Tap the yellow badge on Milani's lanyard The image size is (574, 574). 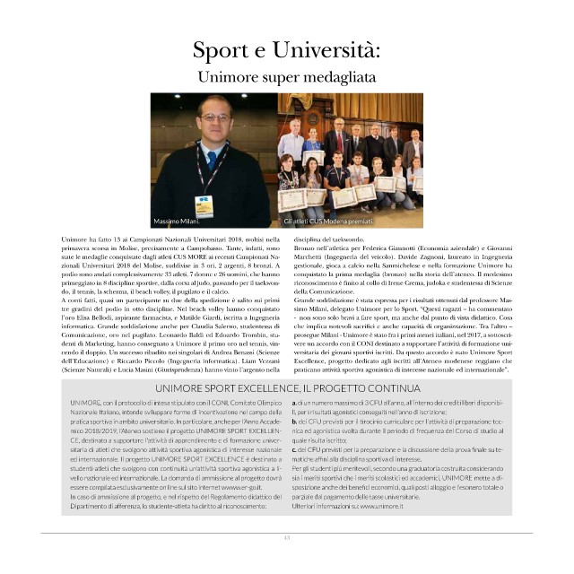click(x=203, y=204)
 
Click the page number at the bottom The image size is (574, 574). click(x=287, y=538)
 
